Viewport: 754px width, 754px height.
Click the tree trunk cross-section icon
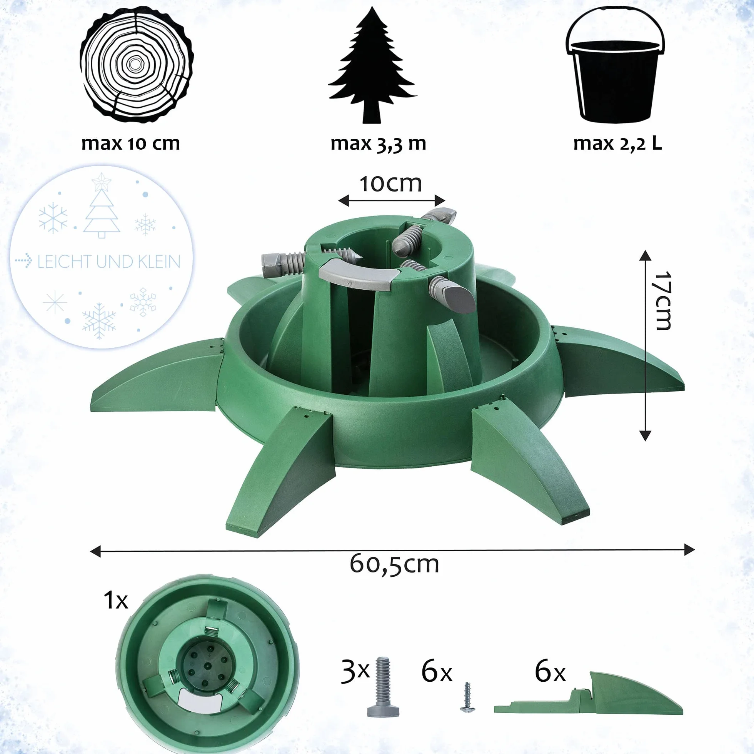[x=136, y=65]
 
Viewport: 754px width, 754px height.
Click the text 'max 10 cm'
[x=131, y=143]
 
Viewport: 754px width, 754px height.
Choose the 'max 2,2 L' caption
[x=617, y=144]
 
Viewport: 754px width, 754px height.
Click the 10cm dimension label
[x=391, y=184]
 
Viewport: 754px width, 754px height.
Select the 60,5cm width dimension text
[x=394, y=564]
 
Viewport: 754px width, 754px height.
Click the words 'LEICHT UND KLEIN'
[x=109, y=262]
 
